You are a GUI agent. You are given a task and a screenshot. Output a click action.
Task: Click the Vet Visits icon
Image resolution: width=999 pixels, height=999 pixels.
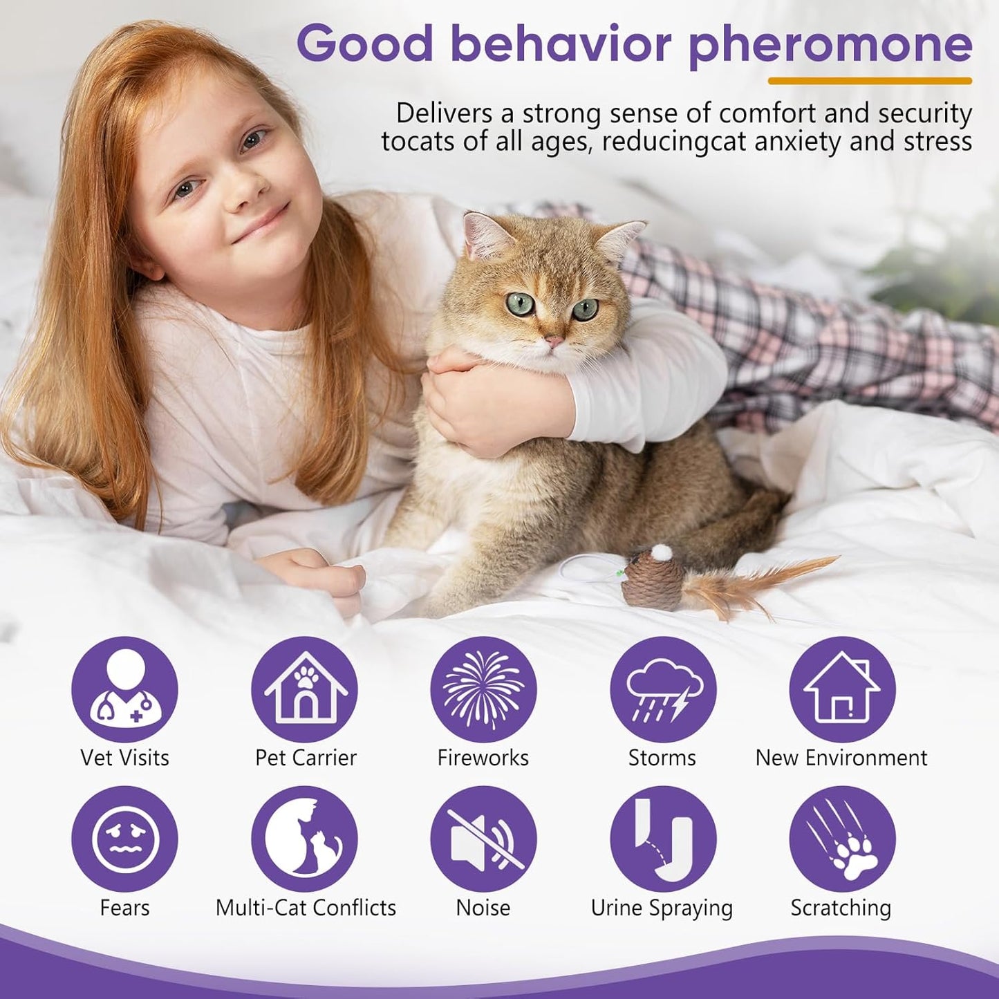click(x=124, y=689)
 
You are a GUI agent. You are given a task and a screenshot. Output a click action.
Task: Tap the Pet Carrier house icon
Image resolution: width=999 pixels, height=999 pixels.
click(x=304, y=689)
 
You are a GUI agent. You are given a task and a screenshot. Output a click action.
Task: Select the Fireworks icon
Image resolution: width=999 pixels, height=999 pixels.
click(x=483, y=689)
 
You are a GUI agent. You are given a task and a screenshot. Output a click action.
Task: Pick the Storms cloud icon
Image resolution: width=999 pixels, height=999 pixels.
click(x=663, y=689)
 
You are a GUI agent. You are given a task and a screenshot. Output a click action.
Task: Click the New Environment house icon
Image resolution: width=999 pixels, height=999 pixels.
click(x=842, y=689)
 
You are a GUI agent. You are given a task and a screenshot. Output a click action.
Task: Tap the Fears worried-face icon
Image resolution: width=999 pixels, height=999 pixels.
click(x=124, y=839)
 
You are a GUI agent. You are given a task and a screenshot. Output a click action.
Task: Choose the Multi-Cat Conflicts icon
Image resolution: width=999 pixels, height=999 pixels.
click(x=304, y=839)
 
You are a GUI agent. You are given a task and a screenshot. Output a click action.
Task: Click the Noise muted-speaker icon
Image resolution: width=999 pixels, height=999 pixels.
click(x=483, y=839)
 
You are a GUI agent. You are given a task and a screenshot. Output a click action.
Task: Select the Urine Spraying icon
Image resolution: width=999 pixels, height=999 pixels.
click(x=663, y=839)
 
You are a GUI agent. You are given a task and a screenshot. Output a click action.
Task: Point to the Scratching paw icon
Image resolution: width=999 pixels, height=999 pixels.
click(x=842, y=839)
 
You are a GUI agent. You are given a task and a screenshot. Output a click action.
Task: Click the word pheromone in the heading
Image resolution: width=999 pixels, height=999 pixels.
click(x=830, y=45)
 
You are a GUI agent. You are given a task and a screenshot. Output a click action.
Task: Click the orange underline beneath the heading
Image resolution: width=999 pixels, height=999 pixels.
click(x=870, y=81)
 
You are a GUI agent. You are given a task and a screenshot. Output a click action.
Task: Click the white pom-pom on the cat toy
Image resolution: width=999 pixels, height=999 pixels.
click(x=662, y=552)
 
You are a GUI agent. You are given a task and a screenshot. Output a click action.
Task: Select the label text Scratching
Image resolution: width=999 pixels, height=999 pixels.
click(x=841, y=908)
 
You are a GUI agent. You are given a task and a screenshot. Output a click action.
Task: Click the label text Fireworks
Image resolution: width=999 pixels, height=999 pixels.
click(x=483, y=758)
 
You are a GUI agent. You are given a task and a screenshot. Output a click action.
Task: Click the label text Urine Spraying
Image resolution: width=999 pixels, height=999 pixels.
click(x=662, y=908)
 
